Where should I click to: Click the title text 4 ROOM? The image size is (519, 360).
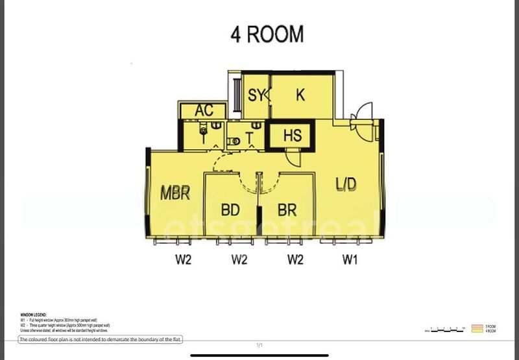267,34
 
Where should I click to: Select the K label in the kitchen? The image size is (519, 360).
300,95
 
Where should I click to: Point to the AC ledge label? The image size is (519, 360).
204,111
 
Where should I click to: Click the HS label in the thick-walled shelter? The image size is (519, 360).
293,136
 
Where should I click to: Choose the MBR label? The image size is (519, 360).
175,193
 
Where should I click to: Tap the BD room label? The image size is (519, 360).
231,210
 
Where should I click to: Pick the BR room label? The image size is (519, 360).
287,210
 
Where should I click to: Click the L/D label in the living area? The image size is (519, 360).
346,184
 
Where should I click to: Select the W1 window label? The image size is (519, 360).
351,261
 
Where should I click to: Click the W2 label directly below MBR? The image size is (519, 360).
182,261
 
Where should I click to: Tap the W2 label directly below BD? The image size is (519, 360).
239,261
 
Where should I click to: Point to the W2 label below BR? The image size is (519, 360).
295,261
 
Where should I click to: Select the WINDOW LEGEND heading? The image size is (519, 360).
33,314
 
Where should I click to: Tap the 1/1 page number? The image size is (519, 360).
259,345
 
